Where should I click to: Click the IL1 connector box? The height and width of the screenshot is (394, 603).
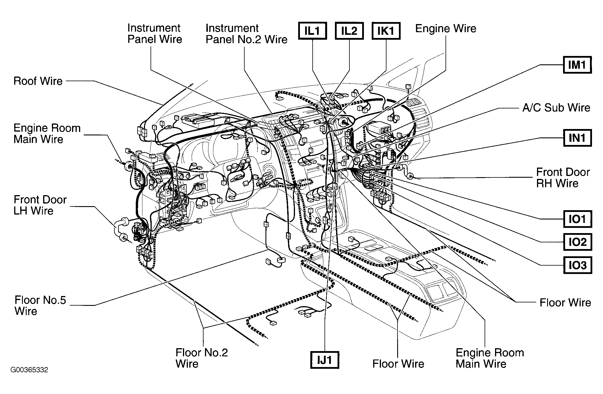coord(312,30)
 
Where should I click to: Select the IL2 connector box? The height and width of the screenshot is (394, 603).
coord(349,30)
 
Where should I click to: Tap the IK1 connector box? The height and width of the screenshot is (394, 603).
coord(386,30)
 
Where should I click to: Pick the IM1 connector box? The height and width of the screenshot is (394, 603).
coord(577,65)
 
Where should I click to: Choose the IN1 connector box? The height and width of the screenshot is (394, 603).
coord(577,138)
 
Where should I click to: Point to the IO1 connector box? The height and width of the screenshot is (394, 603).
coord(577,219)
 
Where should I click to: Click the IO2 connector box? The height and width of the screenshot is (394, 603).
coord(577,242)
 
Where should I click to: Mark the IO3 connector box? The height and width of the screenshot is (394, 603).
coord(577,265)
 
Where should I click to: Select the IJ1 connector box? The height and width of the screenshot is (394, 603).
coord(324,360)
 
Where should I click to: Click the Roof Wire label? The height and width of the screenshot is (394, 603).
coord(38,81)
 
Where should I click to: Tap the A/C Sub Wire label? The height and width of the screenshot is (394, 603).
coord(556,108)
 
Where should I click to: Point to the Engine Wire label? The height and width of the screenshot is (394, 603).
coord(446,28)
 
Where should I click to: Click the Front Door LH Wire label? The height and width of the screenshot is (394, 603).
coord(40,205)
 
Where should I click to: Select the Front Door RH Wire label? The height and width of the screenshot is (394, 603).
coord(563,177)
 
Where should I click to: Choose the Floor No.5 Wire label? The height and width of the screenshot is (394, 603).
coord(40,305)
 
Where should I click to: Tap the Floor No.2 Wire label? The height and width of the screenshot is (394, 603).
coord(201,358)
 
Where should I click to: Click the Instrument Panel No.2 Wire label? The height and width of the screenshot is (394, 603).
coord(246,34)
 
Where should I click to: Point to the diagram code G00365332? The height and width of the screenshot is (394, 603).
coord(29,370)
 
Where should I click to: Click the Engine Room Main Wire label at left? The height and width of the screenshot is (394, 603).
coord(47,133)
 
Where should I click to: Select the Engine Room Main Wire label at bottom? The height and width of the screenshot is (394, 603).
coord(490,358)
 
